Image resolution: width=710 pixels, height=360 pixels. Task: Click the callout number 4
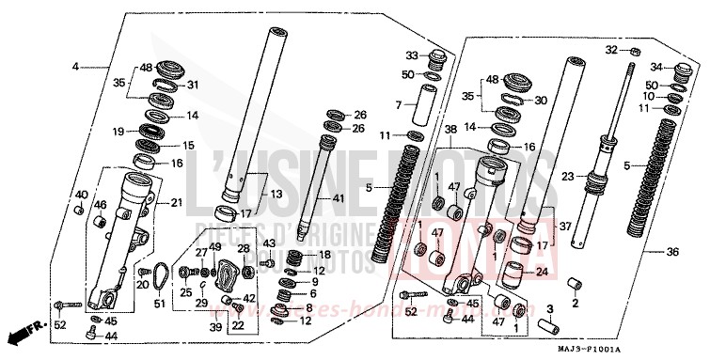click(76, 67)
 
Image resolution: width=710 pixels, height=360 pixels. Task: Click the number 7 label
click(398, 104)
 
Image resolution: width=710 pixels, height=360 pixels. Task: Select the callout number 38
click(450, 128)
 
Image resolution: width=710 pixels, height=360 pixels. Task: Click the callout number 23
click(567, 176)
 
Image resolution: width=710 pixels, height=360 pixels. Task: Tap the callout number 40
click(81, 195)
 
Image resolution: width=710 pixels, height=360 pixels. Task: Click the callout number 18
click(325, 255)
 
